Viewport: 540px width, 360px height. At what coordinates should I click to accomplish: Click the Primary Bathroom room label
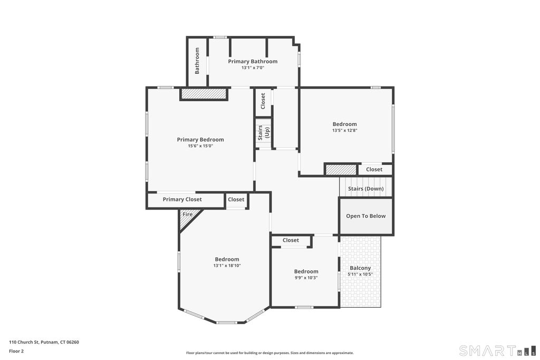coord(253,61)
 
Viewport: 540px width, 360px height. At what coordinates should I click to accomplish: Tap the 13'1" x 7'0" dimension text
coord(253,68)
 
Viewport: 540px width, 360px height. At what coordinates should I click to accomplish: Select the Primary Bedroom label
coord(200,139)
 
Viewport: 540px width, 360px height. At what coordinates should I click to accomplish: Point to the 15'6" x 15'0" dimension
coord(200,146)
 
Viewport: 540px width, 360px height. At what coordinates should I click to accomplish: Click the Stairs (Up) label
coord(264,132)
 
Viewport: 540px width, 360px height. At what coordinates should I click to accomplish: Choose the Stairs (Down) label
coord(366,189)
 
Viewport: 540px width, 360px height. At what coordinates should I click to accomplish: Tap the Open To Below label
coord(366,216)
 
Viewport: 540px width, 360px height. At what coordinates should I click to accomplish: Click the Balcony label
coord(360,268)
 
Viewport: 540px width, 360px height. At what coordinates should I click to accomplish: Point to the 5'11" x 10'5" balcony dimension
coord(360,274)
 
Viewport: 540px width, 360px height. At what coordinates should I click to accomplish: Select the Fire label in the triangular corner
coord(187,215)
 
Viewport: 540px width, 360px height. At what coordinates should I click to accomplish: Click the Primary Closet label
coord(182,199)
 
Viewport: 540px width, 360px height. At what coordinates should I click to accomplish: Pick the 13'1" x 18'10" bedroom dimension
coord(227,266)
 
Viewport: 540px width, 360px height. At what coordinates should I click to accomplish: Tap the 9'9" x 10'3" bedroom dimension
coord(306,278)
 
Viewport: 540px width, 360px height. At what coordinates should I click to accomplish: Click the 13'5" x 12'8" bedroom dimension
coord(345,130)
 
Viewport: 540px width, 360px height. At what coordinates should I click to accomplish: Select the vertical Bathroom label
coord(197,61)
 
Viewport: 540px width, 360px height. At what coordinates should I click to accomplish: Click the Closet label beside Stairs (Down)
coord(374,169)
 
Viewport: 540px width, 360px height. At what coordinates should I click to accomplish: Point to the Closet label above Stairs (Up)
coord(263,101)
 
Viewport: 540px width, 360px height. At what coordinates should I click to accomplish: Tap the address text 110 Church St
coord(24,342)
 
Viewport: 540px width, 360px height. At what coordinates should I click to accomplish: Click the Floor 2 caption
coord(16,351)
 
